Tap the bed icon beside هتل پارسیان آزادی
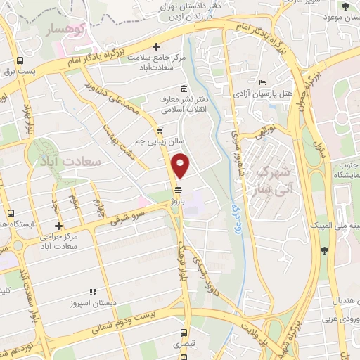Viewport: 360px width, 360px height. (262, 82)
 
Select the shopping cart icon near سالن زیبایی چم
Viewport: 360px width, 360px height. (160, 130)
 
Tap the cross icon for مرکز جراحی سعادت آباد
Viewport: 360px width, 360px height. (59, 226)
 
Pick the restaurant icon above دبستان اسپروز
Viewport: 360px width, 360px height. (92, 292)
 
